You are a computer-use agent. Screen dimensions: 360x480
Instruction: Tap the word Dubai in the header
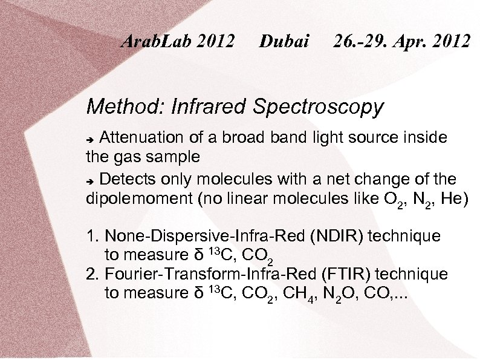point(284,41)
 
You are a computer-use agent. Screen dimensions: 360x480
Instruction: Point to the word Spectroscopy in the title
point(318,107)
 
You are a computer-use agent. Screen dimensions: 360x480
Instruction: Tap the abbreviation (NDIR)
point(336,236)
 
